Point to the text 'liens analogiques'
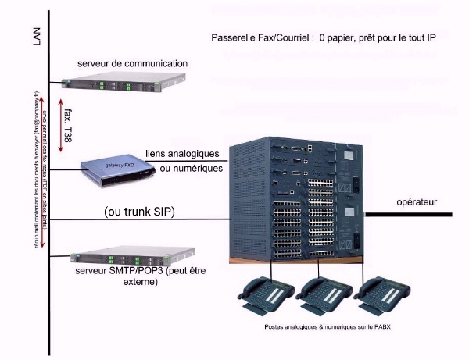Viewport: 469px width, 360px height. point(184,153)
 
